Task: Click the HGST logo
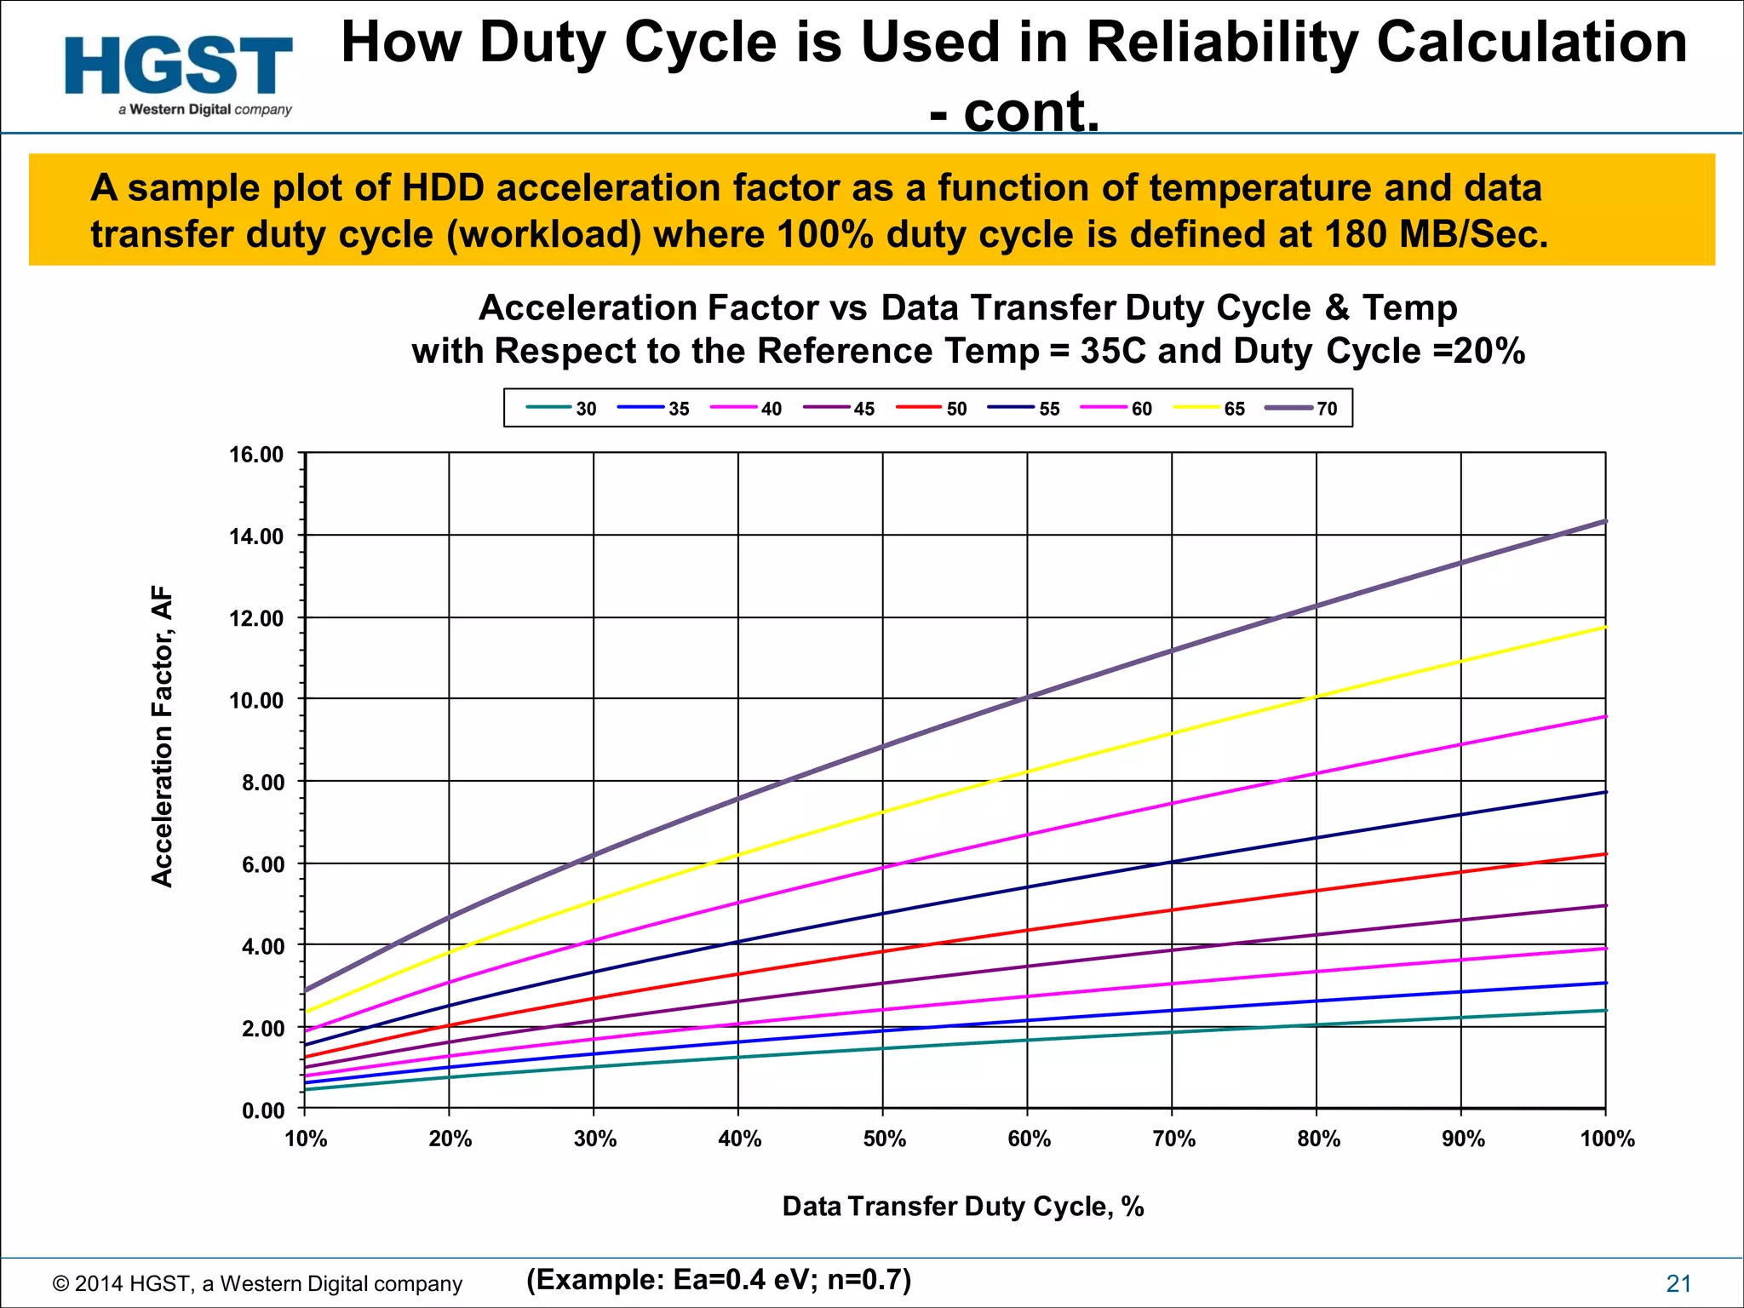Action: click(179, 72)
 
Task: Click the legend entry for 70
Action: click(1303, 409)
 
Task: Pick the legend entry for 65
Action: click(1210, 409)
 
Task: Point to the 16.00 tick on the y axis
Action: click(256, 455)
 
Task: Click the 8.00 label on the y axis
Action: click(262, 783)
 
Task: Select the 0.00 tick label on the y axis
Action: click(262, 1110)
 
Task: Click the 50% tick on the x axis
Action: click(884, 1139)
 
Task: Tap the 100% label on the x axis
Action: click(1607, 1139)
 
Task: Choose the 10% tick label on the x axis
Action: click(306, 1139)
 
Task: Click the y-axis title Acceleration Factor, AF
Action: click(162, 737)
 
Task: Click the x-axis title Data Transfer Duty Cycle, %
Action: click(962, 1207)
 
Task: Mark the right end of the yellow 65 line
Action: click(1604, 628)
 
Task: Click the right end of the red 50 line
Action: click(1604, 854)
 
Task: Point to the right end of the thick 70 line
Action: click(1604, 521)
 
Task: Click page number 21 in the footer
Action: click(1678, 1284)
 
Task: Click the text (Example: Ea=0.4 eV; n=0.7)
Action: click(719, 1280)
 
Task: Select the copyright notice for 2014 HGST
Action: click(257, 1284)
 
